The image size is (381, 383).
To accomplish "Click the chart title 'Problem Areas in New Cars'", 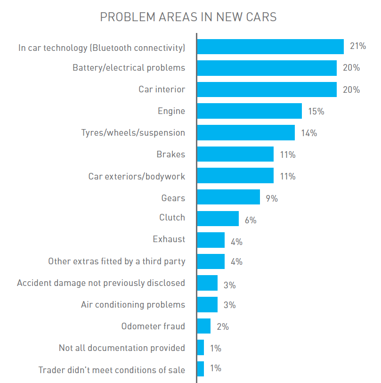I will (188, 17).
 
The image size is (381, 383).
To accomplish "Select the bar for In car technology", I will (270, 47).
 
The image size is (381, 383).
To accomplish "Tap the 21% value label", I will (358, 46).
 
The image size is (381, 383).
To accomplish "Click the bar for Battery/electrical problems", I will (267, 68).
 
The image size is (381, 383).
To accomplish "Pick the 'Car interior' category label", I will (162, 90).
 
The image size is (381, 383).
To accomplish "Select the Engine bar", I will (249, 111).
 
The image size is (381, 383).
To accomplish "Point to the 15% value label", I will (316, 112).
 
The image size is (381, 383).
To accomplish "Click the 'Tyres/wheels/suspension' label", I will (133, 133).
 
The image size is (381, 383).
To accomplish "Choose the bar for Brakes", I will (235, 154).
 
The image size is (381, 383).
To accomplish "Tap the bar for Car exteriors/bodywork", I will (235, 176).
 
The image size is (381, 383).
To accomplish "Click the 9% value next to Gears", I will (272, 198).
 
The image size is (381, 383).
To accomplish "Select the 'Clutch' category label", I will (172, 218).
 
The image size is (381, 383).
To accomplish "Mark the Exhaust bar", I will (211, 240).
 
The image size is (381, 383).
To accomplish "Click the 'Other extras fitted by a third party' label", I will (116, 261).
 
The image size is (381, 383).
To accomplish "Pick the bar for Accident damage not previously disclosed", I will (207, 283).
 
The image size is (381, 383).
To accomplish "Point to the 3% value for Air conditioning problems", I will (229, 305).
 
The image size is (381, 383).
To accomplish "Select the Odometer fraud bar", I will (203, 326).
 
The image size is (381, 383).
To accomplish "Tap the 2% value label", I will (223, 326).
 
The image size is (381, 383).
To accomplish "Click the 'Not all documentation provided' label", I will (122, 348).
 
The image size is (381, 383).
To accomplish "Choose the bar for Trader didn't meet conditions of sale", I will (201, 369).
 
